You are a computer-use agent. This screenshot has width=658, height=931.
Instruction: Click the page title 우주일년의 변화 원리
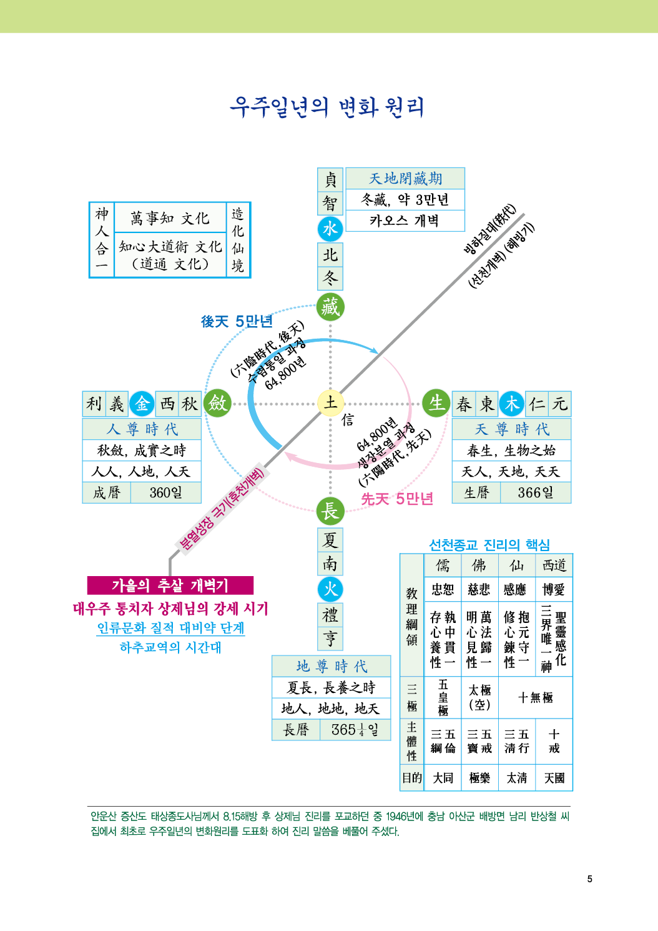coord(327,107)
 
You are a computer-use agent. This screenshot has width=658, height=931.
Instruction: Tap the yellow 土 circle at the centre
coord(330,403)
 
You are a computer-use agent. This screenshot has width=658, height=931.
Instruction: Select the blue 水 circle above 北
coord(330,229)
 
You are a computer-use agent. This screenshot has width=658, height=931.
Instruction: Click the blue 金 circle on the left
coord(142,404)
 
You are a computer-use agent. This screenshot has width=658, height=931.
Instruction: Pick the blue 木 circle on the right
coord(512,404)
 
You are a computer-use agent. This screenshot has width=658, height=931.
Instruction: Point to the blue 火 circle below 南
coord(330,589)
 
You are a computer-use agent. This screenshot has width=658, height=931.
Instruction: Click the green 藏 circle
coord(330,307)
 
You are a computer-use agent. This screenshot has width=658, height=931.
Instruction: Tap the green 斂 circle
coord(217,403)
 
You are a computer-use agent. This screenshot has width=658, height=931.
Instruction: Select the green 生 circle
coord(436,403)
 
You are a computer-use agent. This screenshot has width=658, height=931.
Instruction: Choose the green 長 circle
coord(330,511)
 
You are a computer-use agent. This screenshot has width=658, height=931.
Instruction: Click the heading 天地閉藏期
coord(405,179)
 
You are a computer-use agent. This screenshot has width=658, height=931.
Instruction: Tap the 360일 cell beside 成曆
coord(165,492)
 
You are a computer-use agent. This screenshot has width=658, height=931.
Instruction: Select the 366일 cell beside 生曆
coord(535,492)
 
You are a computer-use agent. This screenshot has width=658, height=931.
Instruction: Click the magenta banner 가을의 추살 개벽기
coord(170,585)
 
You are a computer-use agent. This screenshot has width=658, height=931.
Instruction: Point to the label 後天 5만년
coord(237,322)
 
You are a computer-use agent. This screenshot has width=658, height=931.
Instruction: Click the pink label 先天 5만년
coord(397,499)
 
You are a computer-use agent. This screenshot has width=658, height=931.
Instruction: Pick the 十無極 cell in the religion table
coord(535,697)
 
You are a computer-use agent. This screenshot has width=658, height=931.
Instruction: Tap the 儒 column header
coord(443,565)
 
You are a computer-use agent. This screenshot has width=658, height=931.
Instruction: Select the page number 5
coord(589,879)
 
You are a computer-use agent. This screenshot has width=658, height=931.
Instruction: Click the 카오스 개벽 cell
coord(405,221)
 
